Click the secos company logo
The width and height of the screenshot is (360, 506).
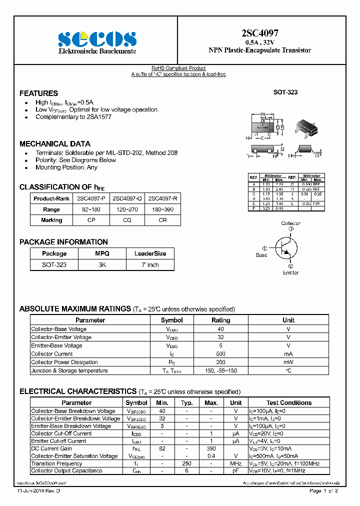click(97, 38)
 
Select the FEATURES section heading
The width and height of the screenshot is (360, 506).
click(38, 93)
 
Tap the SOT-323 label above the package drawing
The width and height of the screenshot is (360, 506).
click(285, 92)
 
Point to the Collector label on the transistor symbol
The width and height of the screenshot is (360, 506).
click(290, 223)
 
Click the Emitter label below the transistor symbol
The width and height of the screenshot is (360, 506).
click(290, 272)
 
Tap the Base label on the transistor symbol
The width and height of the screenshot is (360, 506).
click(261, 255)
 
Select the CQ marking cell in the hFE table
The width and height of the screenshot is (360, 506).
click(126, 220)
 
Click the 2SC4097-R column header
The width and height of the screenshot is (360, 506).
click(162, 198)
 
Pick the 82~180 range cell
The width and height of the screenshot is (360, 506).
click(91, 209)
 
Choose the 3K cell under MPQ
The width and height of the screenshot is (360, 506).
click(102, 265)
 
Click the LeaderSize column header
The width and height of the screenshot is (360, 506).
click(150, 253)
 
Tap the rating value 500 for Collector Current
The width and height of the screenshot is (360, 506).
click(220, 354)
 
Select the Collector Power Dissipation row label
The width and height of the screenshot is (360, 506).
click(64, 362)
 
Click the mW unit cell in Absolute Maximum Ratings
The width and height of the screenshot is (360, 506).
click(288, 362)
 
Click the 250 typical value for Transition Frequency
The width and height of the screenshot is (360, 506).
click(186, 463)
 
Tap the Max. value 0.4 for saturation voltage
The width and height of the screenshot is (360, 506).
click(211, 456)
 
